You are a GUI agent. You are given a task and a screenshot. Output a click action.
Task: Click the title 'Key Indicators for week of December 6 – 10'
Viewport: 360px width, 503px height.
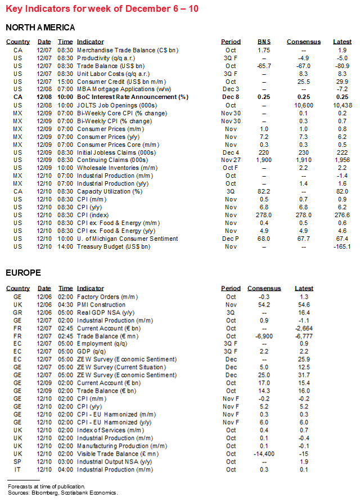(x=102, y=9)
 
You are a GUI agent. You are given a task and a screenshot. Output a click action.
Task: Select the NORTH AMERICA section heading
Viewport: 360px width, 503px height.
(x=40, y=27)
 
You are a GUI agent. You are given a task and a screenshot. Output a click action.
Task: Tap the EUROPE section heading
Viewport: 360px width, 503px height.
(x=23, y=273)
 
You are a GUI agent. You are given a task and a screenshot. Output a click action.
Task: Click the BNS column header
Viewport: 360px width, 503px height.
(x=264, y=42)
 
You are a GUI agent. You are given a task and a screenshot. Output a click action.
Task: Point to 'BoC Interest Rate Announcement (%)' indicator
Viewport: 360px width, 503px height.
(x=133, y=97)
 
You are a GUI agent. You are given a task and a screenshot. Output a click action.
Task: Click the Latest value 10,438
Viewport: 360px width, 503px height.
(x=342, y=105)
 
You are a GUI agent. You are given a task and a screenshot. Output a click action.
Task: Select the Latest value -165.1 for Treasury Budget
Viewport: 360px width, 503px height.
(x=342, y=246)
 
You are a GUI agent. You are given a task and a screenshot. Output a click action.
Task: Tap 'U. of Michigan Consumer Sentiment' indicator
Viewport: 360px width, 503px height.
(x=128, y=239)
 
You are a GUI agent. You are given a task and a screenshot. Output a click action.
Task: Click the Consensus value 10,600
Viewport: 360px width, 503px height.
(x=304, y=105)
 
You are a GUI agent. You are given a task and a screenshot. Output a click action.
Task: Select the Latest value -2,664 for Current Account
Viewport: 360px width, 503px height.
(x=304, y=328)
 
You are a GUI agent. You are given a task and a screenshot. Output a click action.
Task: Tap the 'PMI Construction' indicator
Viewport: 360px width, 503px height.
(x=102, y=304)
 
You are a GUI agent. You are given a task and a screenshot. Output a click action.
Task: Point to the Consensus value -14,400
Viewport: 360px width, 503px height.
(x=259, y=454)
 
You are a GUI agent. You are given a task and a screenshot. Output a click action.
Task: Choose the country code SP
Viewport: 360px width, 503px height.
(x=17, y=462)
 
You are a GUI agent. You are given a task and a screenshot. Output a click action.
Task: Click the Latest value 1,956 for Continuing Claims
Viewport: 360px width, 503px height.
(x=342, y=160)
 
